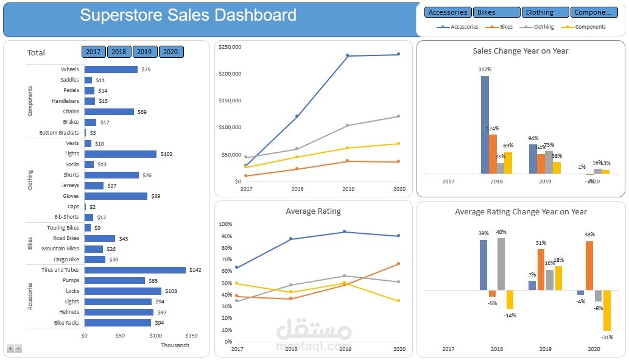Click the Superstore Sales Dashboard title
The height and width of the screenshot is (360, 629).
[188, 15]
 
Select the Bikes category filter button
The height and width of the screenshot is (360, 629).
[496, 12]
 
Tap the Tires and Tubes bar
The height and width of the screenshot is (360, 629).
[135, 270]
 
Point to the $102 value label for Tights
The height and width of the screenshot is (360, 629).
[166, 154]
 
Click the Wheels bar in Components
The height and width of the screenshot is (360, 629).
[111, 69]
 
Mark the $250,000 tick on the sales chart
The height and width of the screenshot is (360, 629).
[230, 47]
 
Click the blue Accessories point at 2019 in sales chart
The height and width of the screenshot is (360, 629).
[348, 55]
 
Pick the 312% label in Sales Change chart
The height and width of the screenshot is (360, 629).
[485, 69]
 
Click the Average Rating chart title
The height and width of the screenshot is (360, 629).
[313, 211]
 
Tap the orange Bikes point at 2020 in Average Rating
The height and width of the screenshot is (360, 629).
[398, 264]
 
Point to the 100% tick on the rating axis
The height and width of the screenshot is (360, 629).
[225, 224]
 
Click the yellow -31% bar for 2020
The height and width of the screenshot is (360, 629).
[607, 312]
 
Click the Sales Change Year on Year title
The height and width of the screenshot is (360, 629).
[520, 51]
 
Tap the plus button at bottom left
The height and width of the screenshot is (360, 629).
[10, 348]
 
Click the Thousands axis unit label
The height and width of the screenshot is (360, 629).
[175, 345]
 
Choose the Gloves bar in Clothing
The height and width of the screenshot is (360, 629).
[116, 196]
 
